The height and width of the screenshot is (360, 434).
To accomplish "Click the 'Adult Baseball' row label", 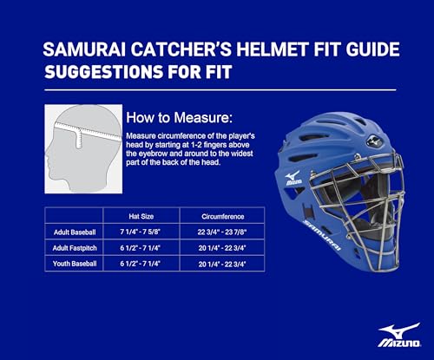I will (x=73, y=232).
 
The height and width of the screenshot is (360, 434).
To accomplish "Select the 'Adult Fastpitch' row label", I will (x=73, y=247).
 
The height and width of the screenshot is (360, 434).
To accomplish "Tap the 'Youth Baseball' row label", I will (x=73, y=263).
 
